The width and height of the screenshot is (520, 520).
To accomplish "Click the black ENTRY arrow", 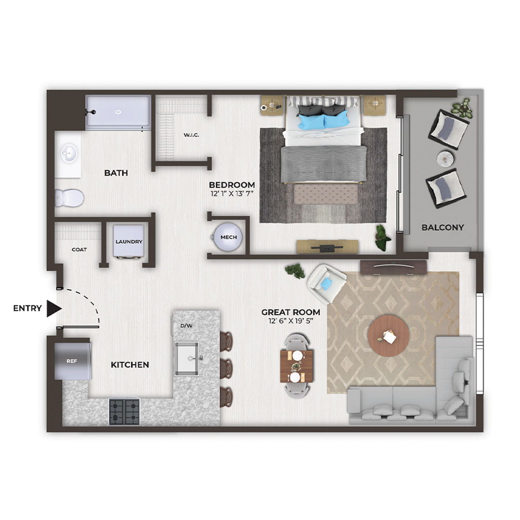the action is tap(54, 308).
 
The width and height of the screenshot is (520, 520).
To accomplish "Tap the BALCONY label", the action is tap(443, 228).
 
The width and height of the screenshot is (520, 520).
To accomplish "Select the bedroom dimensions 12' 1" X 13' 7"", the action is tap(232, 193).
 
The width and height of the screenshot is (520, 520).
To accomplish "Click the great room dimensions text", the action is tap(291, 321).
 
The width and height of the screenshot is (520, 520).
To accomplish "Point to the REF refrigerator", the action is tap(73, 361).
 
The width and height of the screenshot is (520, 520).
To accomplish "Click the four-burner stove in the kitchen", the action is tap(124, 411).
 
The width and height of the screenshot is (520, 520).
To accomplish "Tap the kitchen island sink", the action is tap(187, 359).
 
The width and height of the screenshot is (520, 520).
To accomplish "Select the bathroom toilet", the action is tap(69, 198).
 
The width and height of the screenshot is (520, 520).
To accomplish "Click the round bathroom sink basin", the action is tap(69, 154).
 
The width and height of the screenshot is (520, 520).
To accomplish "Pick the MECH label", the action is tap(228, 238).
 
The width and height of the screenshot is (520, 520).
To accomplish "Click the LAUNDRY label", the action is tap(128, 242).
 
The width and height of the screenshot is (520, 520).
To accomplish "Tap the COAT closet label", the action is tap(79, 250).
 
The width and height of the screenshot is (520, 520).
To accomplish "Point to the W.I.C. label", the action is tap(191, 135).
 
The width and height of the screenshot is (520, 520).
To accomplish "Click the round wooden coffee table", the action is tap(388, 335).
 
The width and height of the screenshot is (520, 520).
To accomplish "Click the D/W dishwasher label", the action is tap(186, 326).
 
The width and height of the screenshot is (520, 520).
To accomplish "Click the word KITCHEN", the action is tap(129, 365).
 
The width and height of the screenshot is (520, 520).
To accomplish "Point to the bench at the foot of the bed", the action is tap(326, 194).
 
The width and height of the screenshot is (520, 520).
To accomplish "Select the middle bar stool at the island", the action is tap(227, 368).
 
